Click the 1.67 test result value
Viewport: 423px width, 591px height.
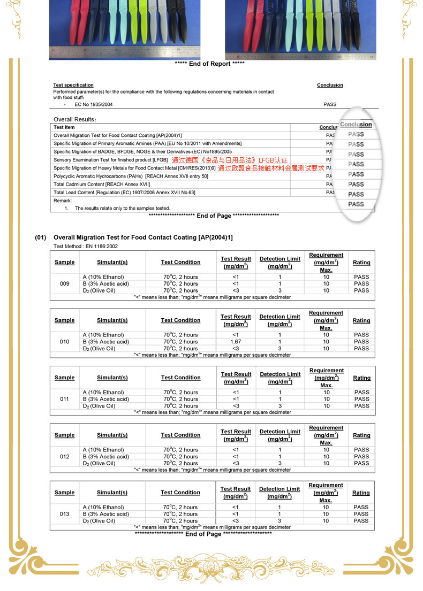pyautogui.click(x=236, y=342)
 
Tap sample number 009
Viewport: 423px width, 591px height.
pyautogui.click(x=65, y=284)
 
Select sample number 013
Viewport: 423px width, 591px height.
pyautogui.click(x=65, y=514)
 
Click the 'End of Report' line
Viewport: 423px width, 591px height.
pyautogui.click(x=209, y=64)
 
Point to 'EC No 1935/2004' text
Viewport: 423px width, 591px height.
pyautogui.click(x=94, y=105)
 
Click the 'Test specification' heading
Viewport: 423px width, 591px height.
pyautogui.click(x=73, y=85)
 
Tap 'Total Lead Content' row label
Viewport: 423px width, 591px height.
pyautogui.click(x=124, y=193)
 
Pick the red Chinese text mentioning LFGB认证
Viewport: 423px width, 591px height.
pyautogui.click(x=230, y=160)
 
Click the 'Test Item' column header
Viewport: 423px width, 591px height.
pyautogui.click(x=64, y=127)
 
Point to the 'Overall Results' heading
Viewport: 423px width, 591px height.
pyautogui.click(x=75, y=119)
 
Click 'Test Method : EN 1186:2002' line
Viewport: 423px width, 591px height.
pyautogui.click(x=86, y=247)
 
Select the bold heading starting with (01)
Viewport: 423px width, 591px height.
pyautogui.click(x=134, y=237)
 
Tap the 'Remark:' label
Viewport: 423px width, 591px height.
pyautogui.click(x=63, y=201)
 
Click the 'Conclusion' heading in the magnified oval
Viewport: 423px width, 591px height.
pyautogui.click(x=356, y=125)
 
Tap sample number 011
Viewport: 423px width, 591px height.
pyautogui.click(x=65, y=399)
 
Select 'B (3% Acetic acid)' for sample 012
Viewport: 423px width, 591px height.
pyautogui.click(x=105, y=457)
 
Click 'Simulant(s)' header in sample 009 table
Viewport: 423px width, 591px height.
pyautogui.click(x=112, y=263)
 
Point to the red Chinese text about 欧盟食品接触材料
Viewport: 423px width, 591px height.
pyautogui.click(x=271, y=168)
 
